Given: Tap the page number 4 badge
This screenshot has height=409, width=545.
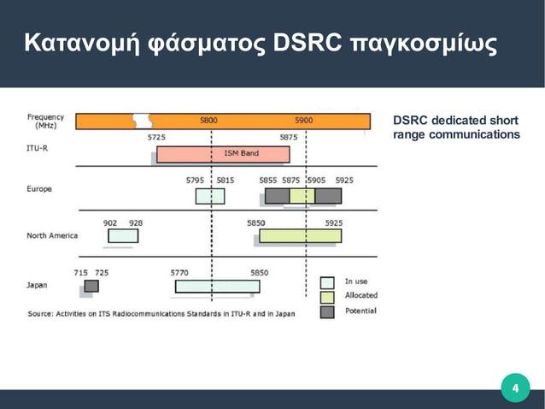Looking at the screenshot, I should click(514, 390).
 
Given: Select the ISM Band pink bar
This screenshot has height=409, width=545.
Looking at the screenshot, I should click(223, 154).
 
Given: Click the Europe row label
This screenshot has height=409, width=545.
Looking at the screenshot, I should click(39, 189).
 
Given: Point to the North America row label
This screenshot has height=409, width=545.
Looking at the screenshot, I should click(52, 235).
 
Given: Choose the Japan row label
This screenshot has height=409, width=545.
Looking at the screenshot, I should click(36, 285).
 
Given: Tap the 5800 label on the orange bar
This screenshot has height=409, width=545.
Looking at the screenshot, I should click(208, 121).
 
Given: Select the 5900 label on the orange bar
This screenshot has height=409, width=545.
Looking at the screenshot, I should click(303, 121).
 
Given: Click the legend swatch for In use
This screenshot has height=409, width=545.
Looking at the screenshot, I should click(327, 282).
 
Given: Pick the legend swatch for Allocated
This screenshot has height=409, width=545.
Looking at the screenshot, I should click(327, 296).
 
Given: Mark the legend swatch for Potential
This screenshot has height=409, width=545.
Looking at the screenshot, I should click(327, 311).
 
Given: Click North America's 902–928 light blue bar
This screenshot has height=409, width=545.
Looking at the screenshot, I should click(123, 235).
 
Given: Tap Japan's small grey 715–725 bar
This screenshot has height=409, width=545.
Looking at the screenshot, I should click(91, 285).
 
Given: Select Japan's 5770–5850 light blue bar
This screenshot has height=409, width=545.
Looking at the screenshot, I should click(218, 286).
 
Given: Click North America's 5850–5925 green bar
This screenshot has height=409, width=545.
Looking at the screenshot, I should click(300, 235).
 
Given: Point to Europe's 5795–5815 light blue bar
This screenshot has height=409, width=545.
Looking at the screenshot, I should click(210, 196).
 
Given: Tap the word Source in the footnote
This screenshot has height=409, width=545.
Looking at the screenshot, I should click(42, 314).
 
